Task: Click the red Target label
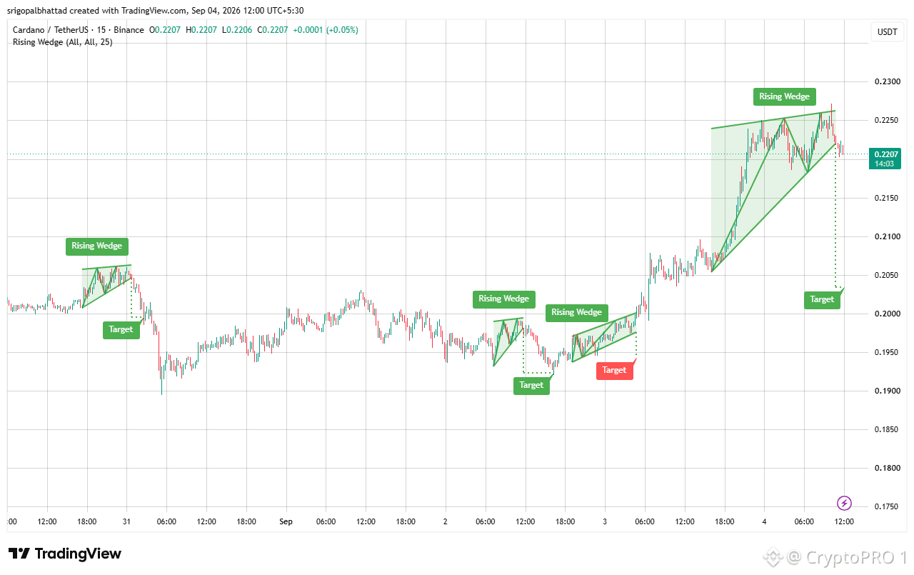[x=614, y=371]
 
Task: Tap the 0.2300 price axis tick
[x=887, y=81]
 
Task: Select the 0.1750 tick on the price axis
[x=887, y=506]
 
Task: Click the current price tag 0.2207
[x=885, y=159]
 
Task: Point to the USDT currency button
[x=887, y=32]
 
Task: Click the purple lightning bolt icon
[x=844, y=503]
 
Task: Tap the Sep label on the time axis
[x=286, y=521]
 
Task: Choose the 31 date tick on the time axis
[x=126, y=521]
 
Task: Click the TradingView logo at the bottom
[x=64, y=554]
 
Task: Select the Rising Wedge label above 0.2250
[x=784, y=96]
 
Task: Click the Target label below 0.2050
[x=822, y=299]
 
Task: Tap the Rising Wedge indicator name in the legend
[x=62, y=42]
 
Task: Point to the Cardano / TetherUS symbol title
[x=50, y=30]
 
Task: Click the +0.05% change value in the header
[x=342, y=30]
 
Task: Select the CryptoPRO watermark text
[x=850, y=557]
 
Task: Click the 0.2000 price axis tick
[x=887, y=314]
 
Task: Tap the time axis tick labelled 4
[x=764, y=521]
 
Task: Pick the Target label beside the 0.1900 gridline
[x=531, y=385]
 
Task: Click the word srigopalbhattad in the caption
[x=36, y=11]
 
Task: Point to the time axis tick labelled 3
[x=605, y=521]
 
